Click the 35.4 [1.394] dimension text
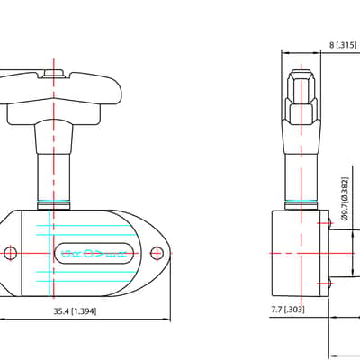click(x=75, y=311)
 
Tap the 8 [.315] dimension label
click(x=343, y=45)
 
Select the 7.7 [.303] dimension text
click(x=288, y=310)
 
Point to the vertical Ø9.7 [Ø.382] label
click(x=345, y=199)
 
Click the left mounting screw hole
click(x=11, y=253)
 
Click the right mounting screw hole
click(x=157, y=253)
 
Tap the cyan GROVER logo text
click(x=94, y=254)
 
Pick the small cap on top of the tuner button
click(x=53, y=74)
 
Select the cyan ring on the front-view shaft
click(x=53, y=202)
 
